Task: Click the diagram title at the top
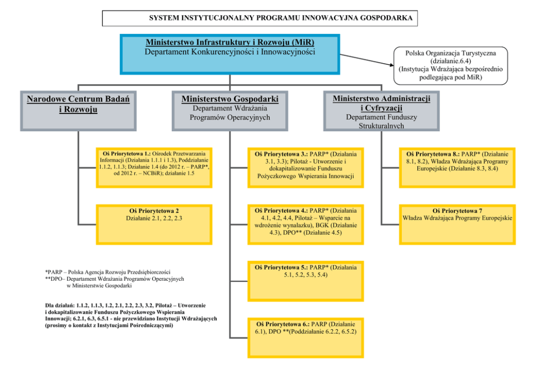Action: tap(259, 18)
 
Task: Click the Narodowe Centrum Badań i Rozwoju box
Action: tap(78, 111)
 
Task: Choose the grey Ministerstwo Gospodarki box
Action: tap(230, 111)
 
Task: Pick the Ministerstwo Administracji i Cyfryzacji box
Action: tap(381, 111)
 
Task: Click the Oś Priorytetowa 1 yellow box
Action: tap(154, 167)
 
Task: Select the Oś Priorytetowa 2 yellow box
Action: tap(154, 225)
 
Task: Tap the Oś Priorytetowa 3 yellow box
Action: tap(305, 167)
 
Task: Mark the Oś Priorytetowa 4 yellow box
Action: tap(305, 225)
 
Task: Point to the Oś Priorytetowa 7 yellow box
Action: tap(457, 225)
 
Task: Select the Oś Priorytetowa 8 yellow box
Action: tap(457, 167)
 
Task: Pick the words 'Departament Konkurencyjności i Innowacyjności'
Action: tap(230, 52)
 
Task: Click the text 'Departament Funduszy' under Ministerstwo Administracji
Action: tap(381, 117)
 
